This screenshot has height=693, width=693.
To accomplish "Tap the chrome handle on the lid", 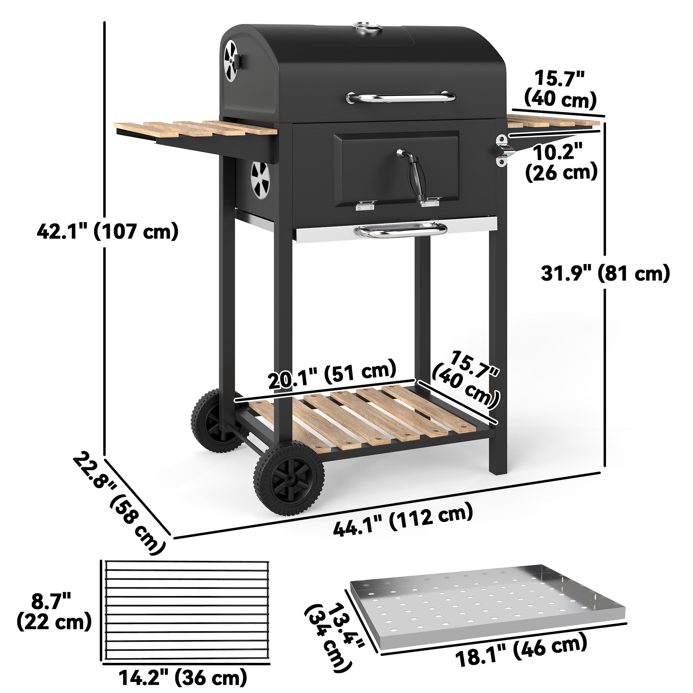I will [401, 97].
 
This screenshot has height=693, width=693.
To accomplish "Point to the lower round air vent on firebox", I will [260, 181].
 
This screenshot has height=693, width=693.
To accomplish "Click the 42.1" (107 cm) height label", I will [108, 231].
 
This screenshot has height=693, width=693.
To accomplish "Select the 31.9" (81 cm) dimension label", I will [605, 273].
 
